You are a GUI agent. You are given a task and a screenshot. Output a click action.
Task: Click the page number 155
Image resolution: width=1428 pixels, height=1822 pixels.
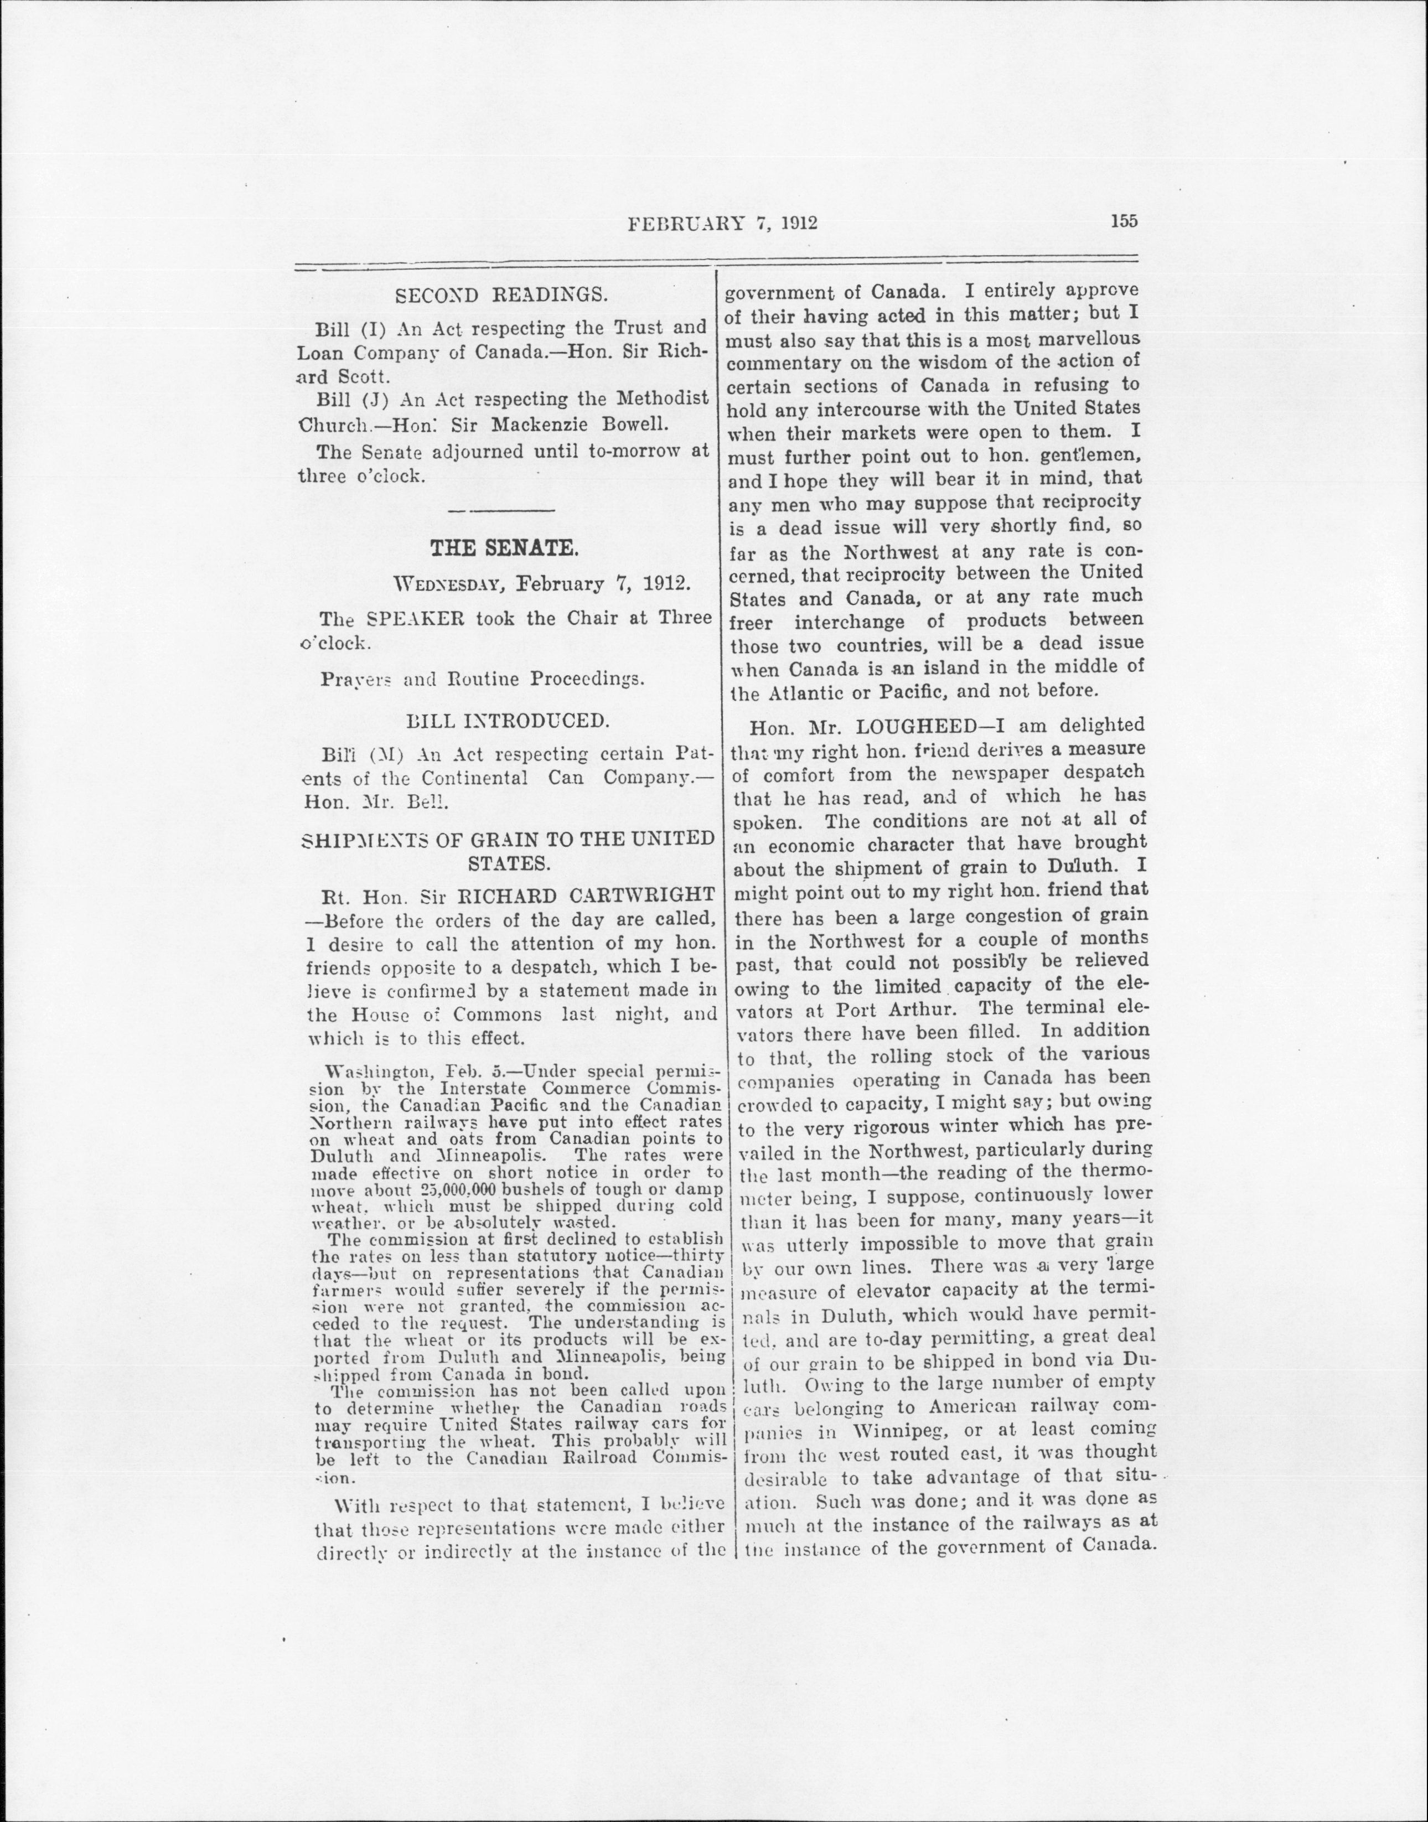1124,221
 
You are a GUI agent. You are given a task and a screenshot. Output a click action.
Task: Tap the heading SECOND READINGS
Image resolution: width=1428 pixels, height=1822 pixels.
501,295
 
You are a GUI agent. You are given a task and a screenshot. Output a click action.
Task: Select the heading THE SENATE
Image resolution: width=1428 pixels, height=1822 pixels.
503,548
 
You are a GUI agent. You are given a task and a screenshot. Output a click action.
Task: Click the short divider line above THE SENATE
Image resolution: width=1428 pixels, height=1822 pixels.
501,510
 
